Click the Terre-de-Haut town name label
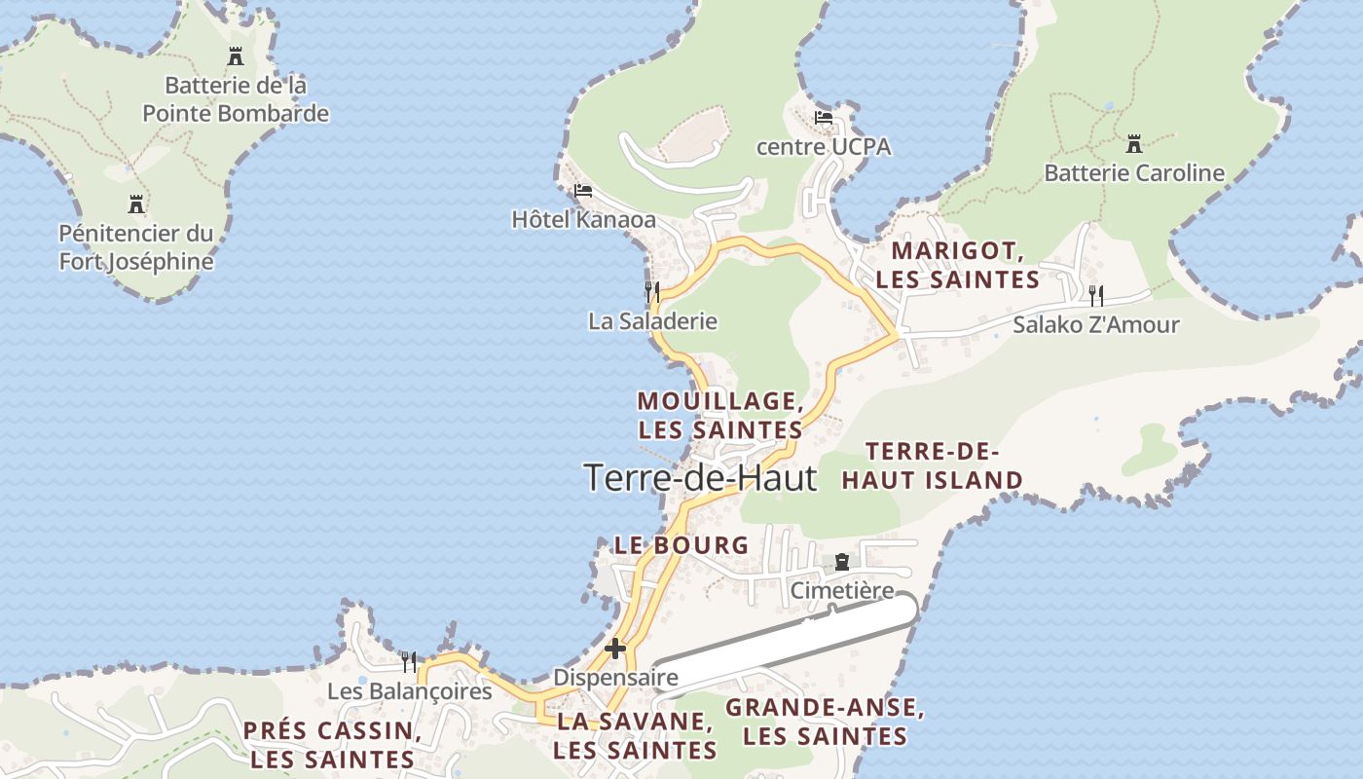pos(700,477)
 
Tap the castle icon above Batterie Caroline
pos(1133,144)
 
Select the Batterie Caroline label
pos(1133,173)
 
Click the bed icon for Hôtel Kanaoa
pos(583,190)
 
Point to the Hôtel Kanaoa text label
pos(583,220)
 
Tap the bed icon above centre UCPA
pos(824,118)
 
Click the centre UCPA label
pos(824,147)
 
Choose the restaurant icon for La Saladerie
pos(652,290)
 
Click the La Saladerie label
pos(652,320)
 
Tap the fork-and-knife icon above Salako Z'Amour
pos(1096,294)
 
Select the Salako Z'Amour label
pos(1096,324)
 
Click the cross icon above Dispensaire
pos(615,648)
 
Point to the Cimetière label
pos(841,590)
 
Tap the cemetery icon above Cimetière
pos(841,562)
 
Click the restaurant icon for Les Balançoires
pos(409,662)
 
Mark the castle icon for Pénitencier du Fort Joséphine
pos(136,204)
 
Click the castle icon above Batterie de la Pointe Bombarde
pos(235,56)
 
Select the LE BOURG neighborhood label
pos(681,545)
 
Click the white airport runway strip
pos(798,643)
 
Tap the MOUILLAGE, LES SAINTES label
pos(720,415)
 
